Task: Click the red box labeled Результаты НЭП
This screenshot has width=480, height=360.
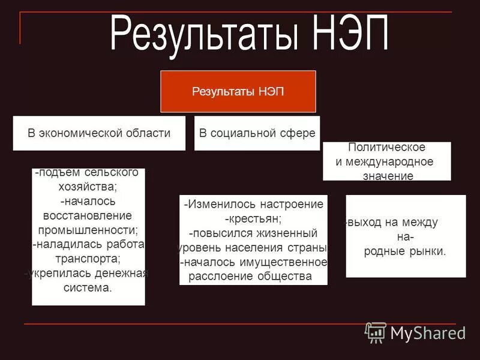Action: (x=238, y=92)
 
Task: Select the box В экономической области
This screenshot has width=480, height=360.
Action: (x=99, y=133)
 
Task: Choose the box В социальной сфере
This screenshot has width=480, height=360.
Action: (x=257, y=133)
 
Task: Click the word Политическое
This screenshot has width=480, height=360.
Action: (x=386, y=148)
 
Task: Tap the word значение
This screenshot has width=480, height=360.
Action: (x=388, y=176)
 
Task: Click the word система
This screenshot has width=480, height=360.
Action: (x=88, y=287)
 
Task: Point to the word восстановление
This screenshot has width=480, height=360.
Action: (x=88, y=215)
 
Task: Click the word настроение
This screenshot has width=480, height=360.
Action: (x=292, y=205)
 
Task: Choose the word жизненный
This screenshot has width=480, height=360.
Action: (x=287, y=233)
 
